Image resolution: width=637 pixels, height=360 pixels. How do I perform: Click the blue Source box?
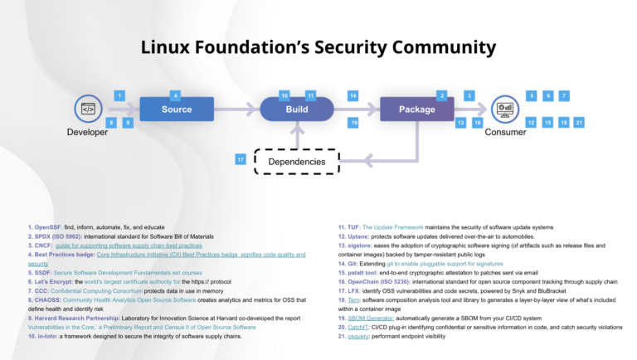(x=177, y=109)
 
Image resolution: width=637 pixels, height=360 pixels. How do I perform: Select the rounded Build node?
(x=296, y=109)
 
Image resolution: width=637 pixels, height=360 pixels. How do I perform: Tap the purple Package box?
(x=416, y=109)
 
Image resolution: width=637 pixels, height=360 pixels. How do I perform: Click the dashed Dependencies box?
(x=296, y=161)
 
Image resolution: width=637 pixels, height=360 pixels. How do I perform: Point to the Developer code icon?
(x=87, y=109)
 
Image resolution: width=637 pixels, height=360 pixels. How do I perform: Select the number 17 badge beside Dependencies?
(x=241, y=159)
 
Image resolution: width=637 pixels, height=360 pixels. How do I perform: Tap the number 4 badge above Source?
(x=175, y=95)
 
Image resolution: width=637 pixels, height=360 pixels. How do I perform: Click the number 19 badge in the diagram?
(x=353, y=123)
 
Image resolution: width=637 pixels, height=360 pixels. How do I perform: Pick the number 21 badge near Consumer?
(x=580, y=123)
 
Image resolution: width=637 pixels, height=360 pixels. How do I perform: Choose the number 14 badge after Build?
(x=353, y=96)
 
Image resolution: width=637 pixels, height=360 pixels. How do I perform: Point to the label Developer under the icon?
(x=87, y=132)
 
